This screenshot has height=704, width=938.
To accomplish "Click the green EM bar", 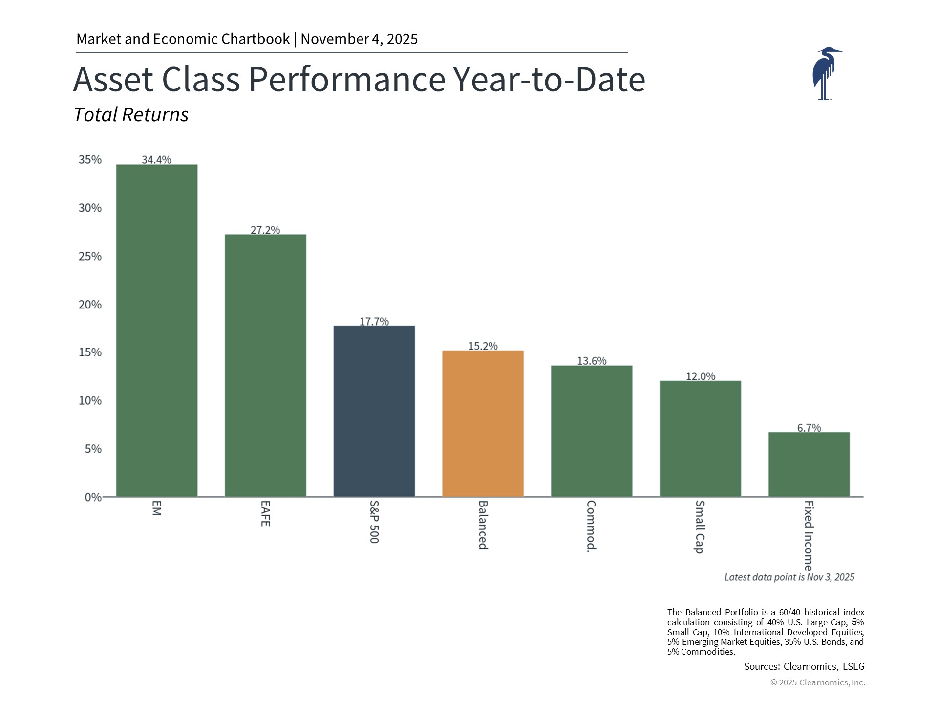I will [156, 330].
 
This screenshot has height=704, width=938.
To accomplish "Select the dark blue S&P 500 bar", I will [374, 411].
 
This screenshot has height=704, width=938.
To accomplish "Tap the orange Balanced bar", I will [483, 423].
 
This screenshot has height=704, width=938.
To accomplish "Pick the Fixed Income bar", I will [809, 464].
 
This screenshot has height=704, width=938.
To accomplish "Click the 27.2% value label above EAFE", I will [265, 230].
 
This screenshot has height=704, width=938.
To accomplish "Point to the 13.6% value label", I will [592, 361].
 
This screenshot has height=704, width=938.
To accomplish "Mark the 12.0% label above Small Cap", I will [701, 376].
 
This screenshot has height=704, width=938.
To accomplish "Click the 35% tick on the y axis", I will [90, 160].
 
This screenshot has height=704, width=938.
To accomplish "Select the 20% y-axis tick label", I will [90, 305].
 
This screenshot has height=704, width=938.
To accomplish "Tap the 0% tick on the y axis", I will [93, 497].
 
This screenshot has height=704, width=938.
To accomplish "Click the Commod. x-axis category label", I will [591, 526].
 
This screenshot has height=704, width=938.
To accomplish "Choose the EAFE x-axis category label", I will [265, 513].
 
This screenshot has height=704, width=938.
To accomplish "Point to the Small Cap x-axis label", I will [700, 527].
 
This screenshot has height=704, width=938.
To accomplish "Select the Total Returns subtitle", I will [131, 115].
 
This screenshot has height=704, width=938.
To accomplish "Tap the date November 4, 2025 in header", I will [359, 39].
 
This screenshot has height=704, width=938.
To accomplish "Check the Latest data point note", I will [789, 577].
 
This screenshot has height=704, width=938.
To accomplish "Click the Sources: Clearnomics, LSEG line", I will [804, 666].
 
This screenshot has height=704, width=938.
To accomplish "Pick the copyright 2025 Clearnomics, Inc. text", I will [817, 682].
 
